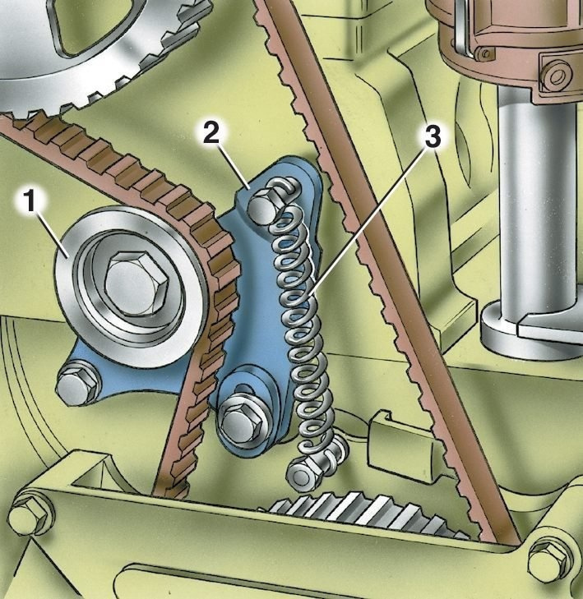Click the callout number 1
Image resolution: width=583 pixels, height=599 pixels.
point(30,202)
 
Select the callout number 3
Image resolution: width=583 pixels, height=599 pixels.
point(432,136)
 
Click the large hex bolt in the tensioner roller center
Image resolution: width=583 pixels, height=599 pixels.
point(136,282)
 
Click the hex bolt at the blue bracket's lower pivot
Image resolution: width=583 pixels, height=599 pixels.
point(238,420)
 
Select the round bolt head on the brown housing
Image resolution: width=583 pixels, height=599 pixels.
point(555,77)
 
